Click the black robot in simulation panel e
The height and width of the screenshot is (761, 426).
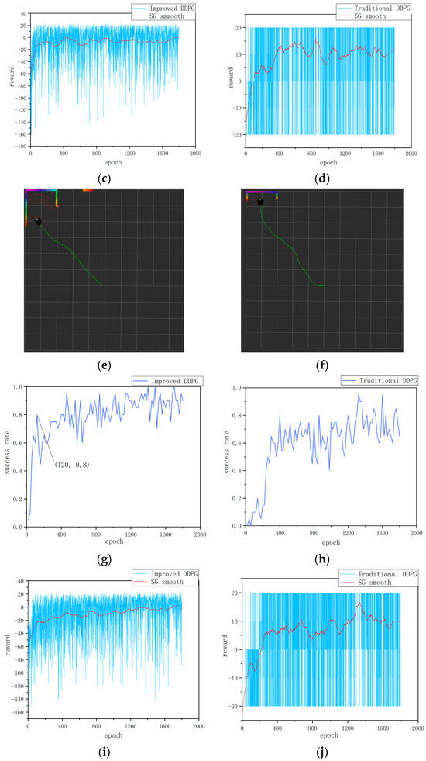click(38, 222)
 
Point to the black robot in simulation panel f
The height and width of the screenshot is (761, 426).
click(261, 202)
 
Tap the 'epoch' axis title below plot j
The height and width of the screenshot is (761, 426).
click(328, 735)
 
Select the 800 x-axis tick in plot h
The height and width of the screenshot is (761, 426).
click(314, 534)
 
